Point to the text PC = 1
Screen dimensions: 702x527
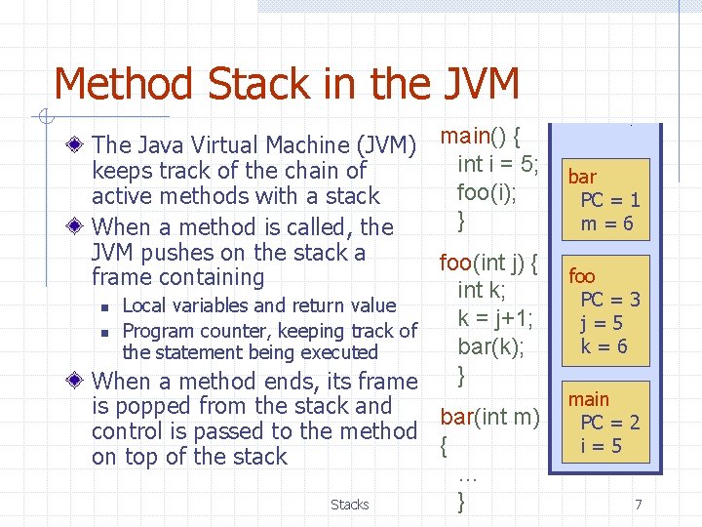tap(610, 200)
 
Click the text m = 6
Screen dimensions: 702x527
tap(608, 223)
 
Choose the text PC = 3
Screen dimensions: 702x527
tap(610, 300)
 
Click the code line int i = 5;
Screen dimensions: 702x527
tap(498, 163)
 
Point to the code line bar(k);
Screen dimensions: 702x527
tap(490, 345)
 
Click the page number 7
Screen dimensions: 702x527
tap(638, 505)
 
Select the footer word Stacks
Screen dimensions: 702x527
tap(349, 505)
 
